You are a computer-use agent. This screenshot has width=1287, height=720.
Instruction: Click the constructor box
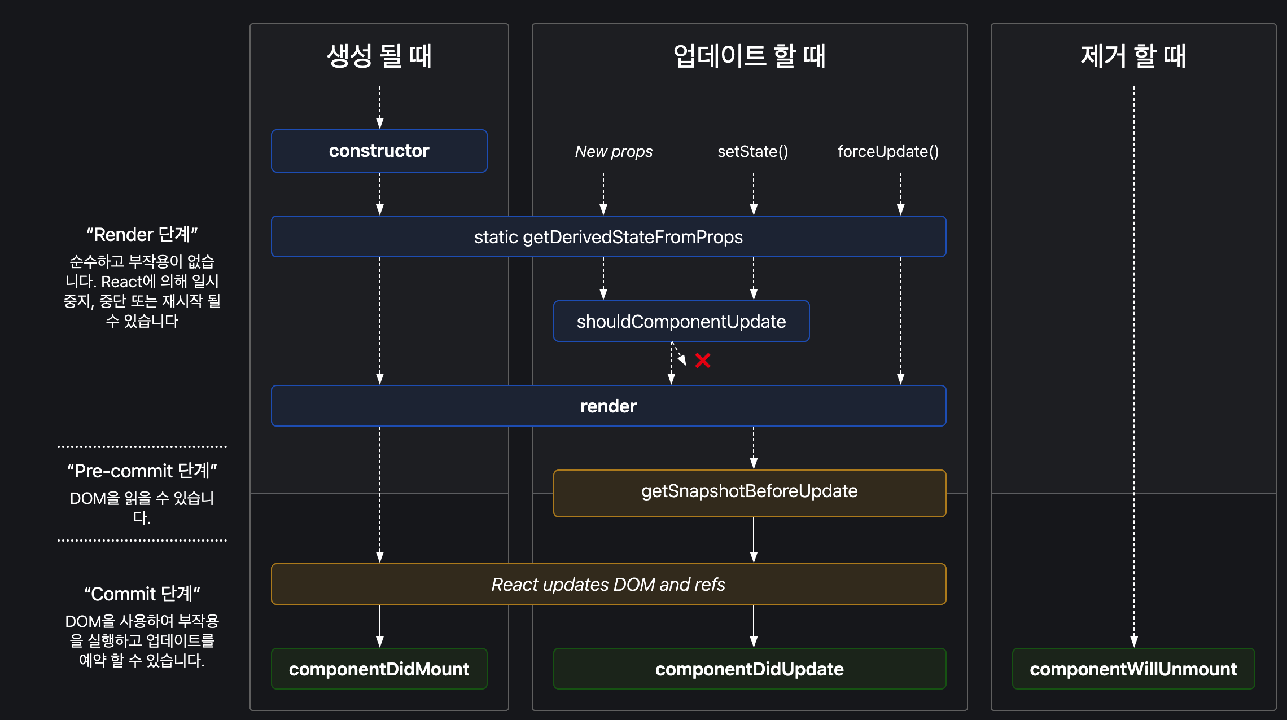(x=379, y=151)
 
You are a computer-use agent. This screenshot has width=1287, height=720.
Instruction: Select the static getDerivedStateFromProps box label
(x=608, y=237)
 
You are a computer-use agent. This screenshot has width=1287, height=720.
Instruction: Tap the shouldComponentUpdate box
(x=681, y=322)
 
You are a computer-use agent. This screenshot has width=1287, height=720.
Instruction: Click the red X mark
(x=703, y=360)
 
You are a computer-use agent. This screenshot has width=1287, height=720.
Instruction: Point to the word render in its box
(x=608, y=406)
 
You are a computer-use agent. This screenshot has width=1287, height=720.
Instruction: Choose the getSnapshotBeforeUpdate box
(x=749, y=491)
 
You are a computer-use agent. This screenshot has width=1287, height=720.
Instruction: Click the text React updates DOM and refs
(x=608, y=585)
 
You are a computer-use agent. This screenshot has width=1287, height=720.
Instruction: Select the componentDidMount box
(x=379, y=669)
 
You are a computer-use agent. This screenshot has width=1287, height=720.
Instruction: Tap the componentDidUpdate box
(x=749, y=669)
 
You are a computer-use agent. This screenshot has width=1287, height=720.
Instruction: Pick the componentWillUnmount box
(x=1133, y=669)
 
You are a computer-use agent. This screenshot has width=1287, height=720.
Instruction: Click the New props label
(x=614, y=152)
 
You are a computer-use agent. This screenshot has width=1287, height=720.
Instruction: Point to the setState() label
(x=752, y=152)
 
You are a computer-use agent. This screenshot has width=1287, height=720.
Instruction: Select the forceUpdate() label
(x=888, y=152)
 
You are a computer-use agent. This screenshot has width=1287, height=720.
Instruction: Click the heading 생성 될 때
(x=379, y=56)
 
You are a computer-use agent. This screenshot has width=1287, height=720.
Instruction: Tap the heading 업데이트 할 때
(x=749, y=56)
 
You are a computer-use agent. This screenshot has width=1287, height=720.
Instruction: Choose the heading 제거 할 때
(x=1133, y=56)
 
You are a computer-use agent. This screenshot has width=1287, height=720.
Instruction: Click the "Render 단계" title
(x=142, y=235)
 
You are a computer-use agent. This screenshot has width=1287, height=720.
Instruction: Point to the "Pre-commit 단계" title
(x=142, y=471)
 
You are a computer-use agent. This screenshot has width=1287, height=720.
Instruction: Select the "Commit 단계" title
(x=142, y=594)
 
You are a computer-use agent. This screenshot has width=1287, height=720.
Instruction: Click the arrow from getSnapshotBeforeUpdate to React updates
(x=754, y=539)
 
